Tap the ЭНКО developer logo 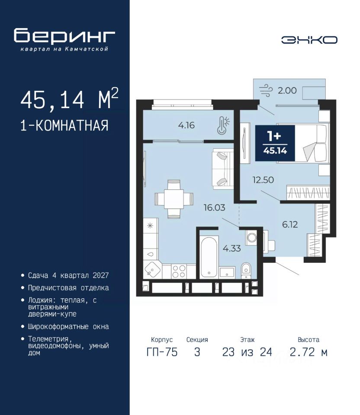pos(309,40)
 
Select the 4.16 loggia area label pos(186,125)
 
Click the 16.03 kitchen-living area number pos(215,207)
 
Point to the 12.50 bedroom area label pos(263,180)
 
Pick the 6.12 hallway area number pos(290,224)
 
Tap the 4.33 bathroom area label pos(232,248)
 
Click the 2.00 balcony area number pos(287,90)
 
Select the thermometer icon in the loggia pos(223,125)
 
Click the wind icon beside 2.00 pos(265,90)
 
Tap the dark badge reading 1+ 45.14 pos(275,143)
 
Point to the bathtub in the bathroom pos(209,257)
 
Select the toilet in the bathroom pos(246,271)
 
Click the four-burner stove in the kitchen pos(179,271)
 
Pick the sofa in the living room pos(222,169)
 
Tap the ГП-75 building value pos(162,352)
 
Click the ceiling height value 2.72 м pos(309,352)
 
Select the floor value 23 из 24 pos(247,352)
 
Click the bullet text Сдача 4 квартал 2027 pos(68,275)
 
